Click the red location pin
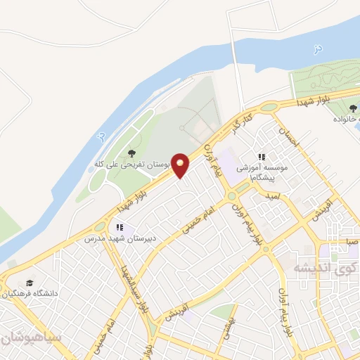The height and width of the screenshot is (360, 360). [181, 165]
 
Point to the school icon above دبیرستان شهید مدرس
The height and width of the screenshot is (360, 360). [119, 227]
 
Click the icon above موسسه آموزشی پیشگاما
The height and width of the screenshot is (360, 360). [262, 157]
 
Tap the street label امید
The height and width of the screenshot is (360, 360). [273, 198]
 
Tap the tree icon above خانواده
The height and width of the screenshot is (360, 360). [352, 108]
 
